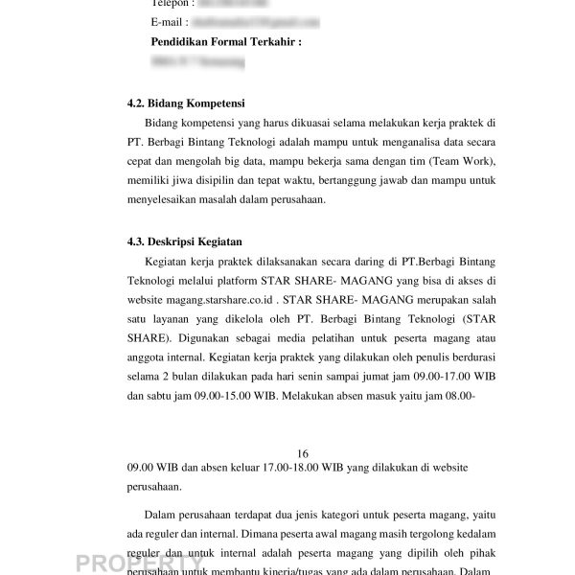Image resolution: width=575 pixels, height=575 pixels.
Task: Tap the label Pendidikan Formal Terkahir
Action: click(226, 42)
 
